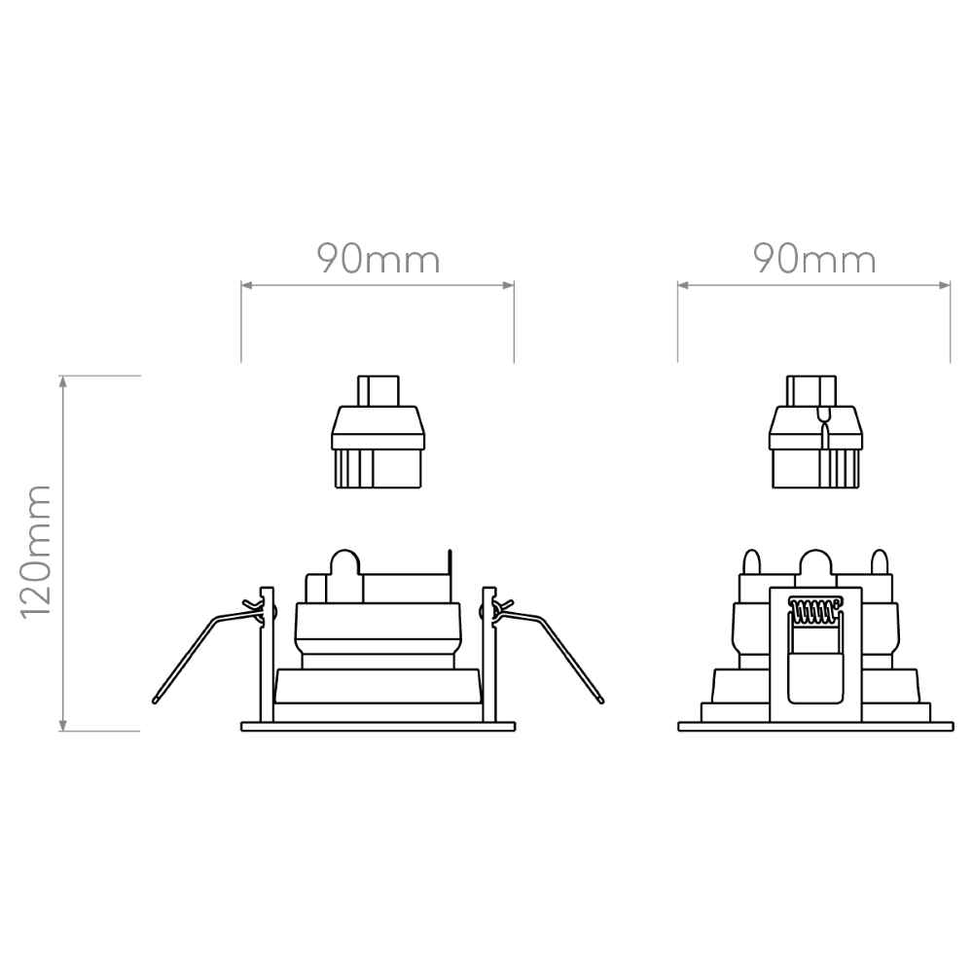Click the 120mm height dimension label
coord(35,553)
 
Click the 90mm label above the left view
coord(378,260)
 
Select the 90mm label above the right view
coord(814,260)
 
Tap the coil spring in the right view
coord(814,611)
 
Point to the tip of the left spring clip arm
coord(155,702)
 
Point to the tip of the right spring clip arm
coord(601,702)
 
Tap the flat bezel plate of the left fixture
coord(378,726)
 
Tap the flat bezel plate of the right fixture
coord(815,726)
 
